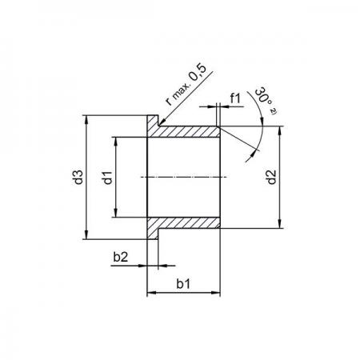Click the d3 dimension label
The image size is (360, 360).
coord(79,177)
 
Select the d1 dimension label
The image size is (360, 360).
coord(108,178)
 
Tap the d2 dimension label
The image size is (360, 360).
coord(272,177)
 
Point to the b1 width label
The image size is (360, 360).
coord(183,284)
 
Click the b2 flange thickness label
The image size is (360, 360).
coord(121,257)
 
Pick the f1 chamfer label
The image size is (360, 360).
coord(235,98)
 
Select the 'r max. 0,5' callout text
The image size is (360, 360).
coord(186,85)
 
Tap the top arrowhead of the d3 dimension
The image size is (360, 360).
coord(86,119)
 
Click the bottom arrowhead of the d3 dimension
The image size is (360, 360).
coord(86,235)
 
